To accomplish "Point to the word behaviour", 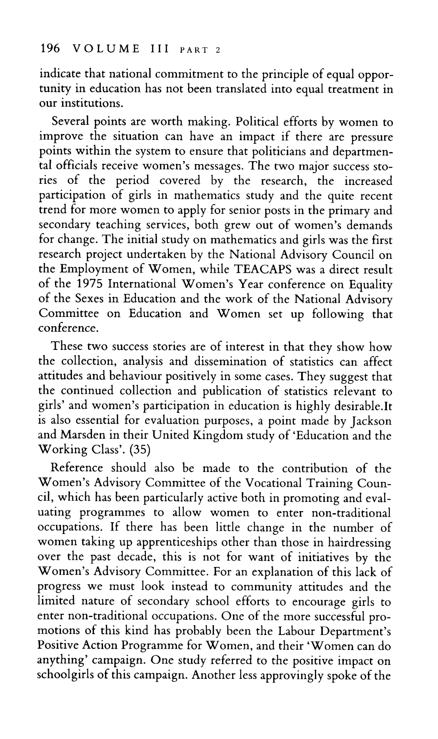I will pos(110,377).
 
